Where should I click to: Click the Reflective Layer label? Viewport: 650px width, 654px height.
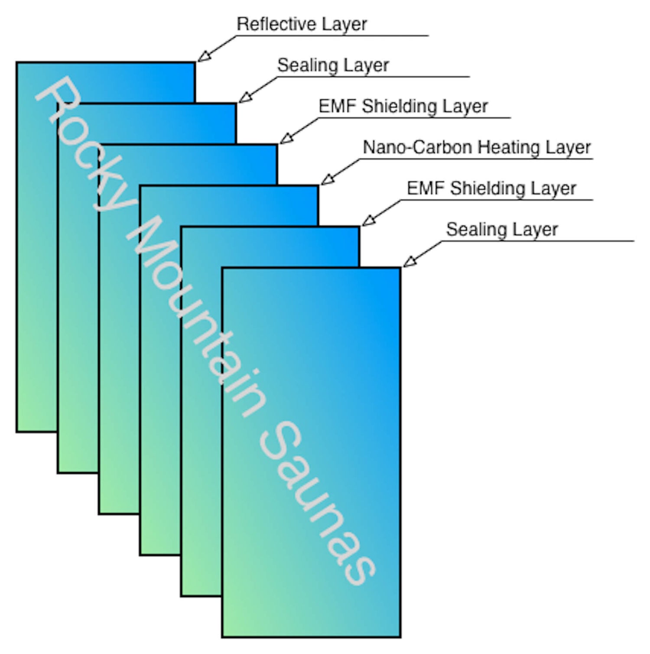(302, 24)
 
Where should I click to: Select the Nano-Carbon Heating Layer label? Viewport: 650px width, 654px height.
(476, 148)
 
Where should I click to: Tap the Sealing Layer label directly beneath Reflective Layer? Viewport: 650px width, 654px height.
(333, 65)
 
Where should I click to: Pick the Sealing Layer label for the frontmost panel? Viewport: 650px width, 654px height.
(502, 230)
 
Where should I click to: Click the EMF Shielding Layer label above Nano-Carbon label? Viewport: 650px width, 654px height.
(403, 107)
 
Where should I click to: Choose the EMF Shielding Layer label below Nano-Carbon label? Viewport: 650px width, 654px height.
(491, 189)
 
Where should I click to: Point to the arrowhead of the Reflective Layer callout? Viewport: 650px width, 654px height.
(203, 57)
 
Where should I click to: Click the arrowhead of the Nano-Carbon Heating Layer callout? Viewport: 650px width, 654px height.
(326, 180)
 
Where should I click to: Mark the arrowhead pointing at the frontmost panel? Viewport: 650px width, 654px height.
(409, 262)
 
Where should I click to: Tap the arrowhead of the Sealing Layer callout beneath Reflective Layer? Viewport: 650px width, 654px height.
(244, 98)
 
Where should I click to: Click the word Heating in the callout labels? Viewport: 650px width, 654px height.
(509, 148)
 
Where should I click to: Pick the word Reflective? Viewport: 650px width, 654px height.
(277, 24)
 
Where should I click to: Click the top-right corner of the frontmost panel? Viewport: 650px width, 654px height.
(400, 269)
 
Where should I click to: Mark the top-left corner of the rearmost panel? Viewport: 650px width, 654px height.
(17, 63)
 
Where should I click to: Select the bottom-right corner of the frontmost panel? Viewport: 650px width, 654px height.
(400, 636)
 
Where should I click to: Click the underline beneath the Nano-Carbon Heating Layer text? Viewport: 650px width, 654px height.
(477, 159)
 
